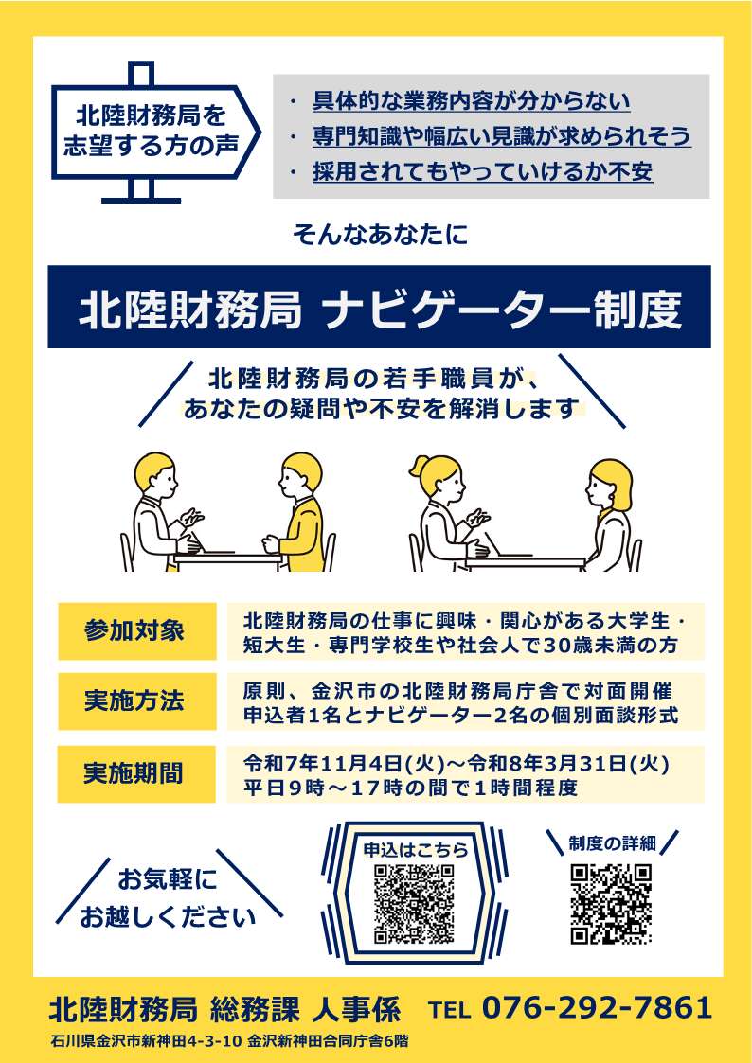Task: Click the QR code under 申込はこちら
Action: pyautogui.click(x=414, y=904)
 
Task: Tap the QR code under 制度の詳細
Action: pyautogui.click(x=611, y=904)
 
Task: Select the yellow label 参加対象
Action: pyautogui.click(x=136, y=631)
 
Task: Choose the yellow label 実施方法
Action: pyautogui.click(x=136, y=702)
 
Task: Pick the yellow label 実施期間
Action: pyautogui.click(x=136, y=773)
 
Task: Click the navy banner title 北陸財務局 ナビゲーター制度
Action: pyautogui.click(x=379, y=308)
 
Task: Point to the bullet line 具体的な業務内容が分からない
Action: pyautogui.click(x=471, y=101)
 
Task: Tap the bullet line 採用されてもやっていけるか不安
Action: pyautogui.click(x=482, y=171)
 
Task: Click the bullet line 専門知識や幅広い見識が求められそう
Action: pyautogui.click(x=501, y=136)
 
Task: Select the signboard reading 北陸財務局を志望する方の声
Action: pyautogui.click(x=147, y=132)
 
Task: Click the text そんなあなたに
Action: pyautogui.click(x=380, y=235)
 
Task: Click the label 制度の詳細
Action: pyautogui.click(x=611, y=841)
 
